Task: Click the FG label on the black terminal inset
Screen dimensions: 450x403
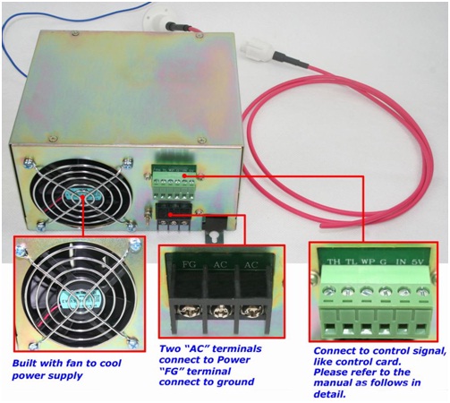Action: coord(189,264)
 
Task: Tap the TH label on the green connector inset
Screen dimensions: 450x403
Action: coord(334,262)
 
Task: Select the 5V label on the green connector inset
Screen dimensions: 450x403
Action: coord(418,262)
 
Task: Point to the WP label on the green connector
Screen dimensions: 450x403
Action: coord(368,262)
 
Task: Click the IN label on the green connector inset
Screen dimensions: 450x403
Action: coord(401,262)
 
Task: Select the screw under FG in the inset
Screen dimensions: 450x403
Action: coord(188,312)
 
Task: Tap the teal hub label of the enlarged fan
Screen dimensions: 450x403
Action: coord(80,297)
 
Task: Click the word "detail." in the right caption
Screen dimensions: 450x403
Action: coord(329,394)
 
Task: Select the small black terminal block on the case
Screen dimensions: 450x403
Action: coord(174,217)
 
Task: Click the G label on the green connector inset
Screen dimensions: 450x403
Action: coord(383,262)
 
